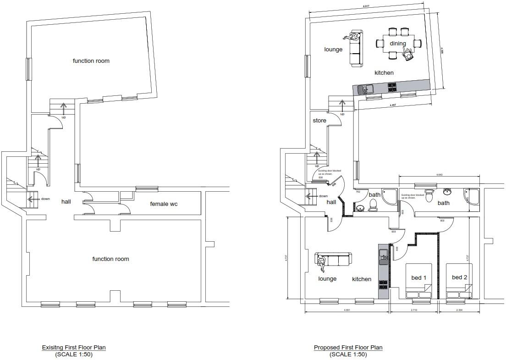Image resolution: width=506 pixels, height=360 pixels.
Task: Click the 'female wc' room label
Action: click(164, 204)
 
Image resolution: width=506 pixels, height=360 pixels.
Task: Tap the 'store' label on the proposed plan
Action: click(319, 121)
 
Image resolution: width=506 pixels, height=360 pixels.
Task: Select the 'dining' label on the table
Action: click(398, 44)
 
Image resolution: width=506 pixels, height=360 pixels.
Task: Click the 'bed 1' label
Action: click(419, 277)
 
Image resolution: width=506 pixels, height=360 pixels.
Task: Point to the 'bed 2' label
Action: click(459, 277)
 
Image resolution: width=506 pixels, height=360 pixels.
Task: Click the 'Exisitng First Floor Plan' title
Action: click(74, 348)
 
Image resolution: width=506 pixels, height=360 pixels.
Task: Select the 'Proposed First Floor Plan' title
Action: click(348, 348)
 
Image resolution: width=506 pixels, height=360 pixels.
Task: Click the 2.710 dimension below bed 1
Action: click(414, 310)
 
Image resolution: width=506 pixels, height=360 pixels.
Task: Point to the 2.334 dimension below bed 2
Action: click(459, 310)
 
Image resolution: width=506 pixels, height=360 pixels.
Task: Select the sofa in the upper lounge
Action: click(355, 48)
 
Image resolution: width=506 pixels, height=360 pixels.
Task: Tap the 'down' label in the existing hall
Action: click(45, 199)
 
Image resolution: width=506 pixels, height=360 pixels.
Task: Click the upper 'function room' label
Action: click(91, 61)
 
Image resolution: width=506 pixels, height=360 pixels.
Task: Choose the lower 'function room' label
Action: click(110, 259)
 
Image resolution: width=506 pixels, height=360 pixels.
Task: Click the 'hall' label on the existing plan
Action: click(66, 201)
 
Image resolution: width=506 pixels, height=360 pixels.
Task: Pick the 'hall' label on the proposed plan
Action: click(331, 202)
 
